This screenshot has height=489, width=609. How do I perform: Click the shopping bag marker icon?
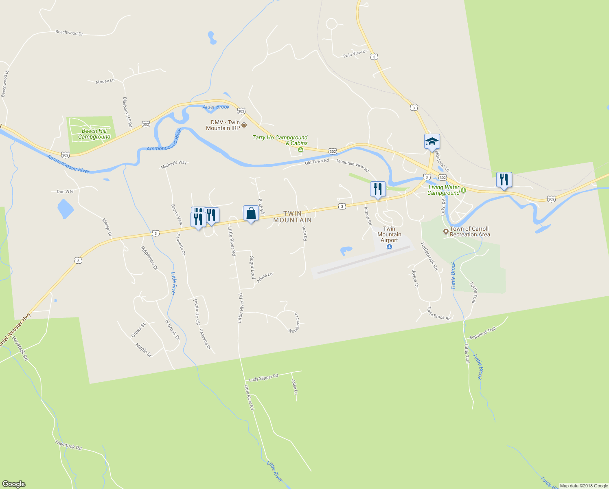(x=251, y=213)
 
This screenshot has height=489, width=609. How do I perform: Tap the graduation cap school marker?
(x=432, y=141)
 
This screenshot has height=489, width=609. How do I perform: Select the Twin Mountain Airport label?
(x=389, y=234)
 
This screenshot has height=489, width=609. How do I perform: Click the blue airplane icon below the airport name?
(x=390, y=247)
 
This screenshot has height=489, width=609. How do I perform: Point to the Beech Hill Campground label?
(x=94, y=134)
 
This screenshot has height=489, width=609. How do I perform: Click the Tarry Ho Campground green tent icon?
(x=300, y=150)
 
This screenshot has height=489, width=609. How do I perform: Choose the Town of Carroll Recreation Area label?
(x=470, y=231)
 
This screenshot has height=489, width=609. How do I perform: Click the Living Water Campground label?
(x=443, y=190)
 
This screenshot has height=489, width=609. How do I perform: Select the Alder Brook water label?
(x=216, y=107)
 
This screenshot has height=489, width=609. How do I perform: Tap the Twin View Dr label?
(x=355, y=53)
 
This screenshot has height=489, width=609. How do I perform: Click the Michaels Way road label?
(x=174, y=165)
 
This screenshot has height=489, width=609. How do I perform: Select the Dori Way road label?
(x=65, y=191)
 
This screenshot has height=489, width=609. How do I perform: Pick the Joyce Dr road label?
(x=415, y=278)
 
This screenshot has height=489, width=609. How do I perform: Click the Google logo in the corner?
(x=13, y=484)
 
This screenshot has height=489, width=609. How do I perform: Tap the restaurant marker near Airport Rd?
(x=378, y=189)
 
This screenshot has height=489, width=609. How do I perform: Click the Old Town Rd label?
(x=317, y=162)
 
